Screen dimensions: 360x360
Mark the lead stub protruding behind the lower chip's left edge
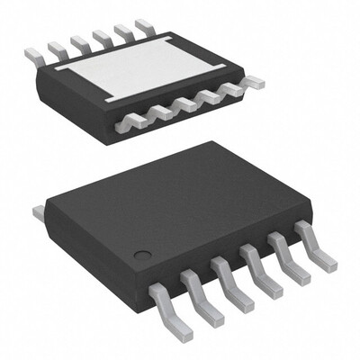[39, 212]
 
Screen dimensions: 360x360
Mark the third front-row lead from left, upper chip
[186, 104]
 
